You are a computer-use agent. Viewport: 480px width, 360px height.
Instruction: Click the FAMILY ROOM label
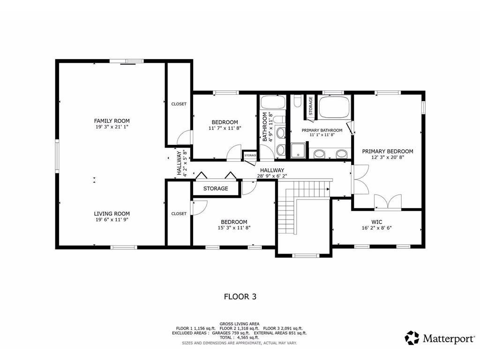point(112,121)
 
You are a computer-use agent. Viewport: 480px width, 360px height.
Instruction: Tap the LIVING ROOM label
point(112,213)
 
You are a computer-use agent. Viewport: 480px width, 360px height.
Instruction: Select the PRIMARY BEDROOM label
point(387,151)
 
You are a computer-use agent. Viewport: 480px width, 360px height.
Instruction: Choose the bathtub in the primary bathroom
point(334,107)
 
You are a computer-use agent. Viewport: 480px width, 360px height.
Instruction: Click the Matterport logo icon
point(412,337)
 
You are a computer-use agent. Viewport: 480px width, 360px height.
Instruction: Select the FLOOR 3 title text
point(240,296)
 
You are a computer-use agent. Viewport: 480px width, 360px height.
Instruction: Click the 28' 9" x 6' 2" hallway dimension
point(272,176)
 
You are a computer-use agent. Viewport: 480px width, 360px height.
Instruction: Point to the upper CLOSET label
point(179,104)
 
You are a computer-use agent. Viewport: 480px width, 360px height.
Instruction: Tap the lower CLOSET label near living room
point(179,214)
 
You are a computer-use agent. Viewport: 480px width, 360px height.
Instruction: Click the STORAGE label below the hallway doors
point(216,188)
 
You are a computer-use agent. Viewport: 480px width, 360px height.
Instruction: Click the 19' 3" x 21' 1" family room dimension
point(112,127)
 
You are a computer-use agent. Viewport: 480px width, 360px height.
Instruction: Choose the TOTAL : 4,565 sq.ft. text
point(240,337)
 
